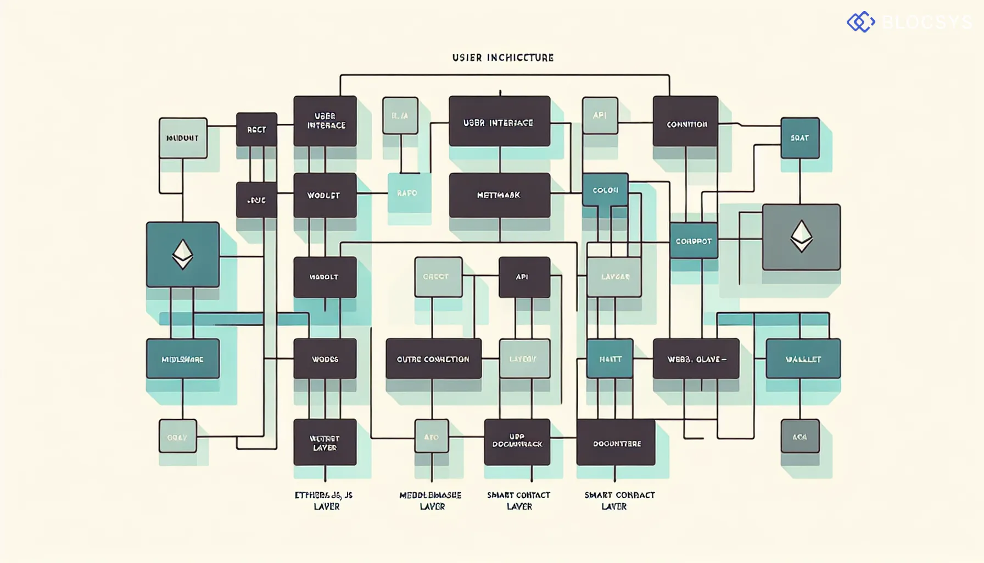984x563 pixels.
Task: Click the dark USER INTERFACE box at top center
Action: coord(499,122)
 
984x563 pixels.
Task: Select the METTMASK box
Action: coord(499,195)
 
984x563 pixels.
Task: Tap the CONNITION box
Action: coord(685,122)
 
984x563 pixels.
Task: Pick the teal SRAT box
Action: coord(800,138)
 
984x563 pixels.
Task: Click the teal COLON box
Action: coord(605,190)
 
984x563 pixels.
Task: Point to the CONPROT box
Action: coord(694,241)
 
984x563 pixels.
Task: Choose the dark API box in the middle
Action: coord(524,277)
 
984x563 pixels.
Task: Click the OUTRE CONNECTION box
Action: coord(433,359)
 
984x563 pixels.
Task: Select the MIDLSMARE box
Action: coord(183,359)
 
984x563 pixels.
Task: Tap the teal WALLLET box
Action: coord(803,359)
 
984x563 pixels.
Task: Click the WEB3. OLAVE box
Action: coord(696,359)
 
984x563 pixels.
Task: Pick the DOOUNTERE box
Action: coord(616,443)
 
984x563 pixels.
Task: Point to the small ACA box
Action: coord(800,437)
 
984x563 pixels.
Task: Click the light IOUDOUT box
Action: coord(183,138)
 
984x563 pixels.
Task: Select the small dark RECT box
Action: coord(256,130)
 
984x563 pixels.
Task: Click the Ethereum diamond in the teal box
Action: coord(183,255)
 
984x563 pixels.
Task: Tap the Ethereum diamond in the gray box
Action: coord(801,237)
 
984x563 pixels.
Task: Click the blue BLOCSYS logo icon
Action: coord(860,22)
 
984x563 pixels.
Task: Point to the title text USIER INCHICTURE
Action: coord(502,58)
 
